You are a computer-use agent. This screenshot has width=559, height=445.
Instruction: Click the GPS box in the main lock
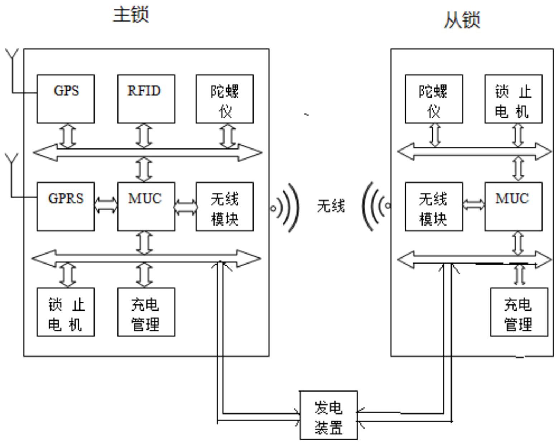coord(66,99)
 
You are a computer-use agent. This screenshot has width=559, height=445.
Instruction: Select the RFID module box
coord(146,99)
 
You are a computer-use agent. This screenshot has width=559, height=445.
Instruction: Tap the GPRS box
coord(66,206)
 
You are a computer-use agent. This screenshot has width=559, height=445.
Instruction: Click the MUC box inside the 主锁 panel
coord(146,206)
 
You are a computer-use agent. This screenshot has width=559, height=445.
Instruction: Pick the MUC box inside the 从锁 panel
coord(513,206)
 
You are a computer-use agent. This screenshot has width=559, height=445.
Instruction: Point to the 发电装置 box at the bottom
coord(328,415)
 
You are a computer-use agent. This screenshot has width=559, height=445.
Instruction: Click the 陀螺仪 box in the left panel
coord(225,99)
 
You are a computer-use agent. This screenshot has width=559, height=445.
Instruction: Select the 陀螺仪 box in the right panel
coord(434,99)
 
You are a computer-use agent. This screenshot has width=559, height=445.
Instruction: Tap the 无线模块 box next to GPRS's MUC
coord(225,206)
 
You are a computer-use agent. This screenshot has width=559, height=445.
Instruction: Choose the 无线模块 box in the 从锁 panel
coord(434,206)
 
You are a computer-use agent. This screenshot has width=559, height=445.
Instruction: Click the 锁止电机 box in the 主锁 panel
coord(66,312)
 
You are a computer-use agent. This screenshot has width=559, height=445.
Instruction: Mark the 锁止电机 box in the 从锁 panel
coord(513,99)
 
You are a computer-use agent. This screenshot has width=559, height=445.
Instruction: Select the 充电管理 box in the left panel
coord(146,312)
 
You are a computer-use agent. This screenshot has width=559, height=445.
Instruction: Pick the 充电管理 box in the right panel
coord(519,312)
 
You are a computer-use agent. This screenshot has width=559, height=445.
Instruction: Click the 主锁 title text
coord(131,15)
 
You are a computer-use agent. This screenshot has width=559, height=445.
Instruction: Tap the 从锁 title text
coord(462,20)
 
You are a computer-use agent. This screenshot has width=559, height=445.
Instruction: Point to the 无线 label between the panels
coord(331,207)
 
